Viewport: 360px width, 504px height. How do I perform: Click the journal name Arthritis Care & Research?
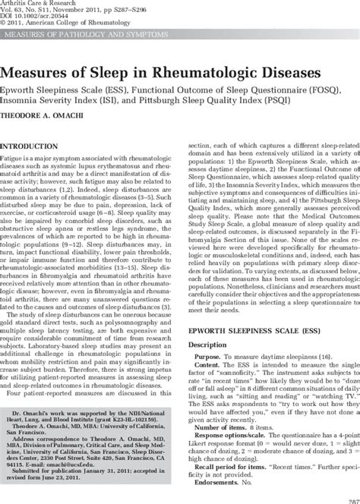coord(36,4)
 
